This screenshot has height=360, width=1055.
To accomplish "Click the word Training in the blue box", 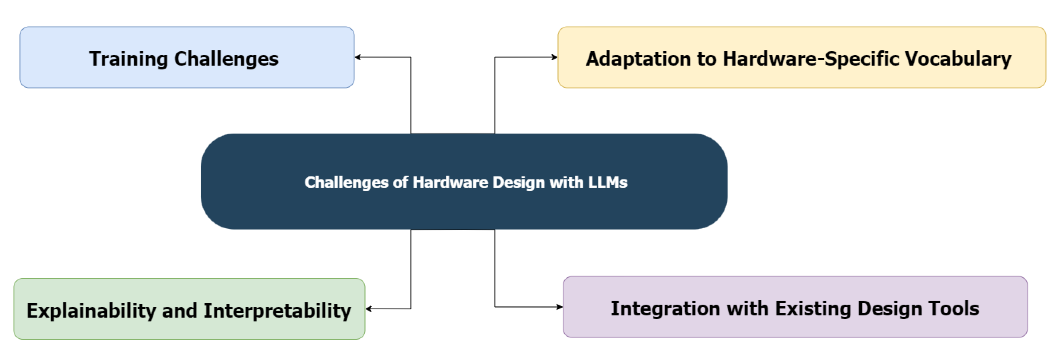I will click(129, 59).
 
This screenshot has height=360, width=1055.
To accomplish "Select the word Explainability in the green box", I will click(91, 311).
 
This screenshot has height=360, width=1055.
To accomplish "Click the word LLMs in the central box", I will click(608, 182).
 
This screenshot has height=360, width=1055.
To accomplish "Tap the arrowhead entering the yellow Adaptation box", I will click(555, 57).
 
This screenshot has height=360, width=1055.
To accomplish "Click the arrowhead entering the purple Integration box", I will click(560, 307).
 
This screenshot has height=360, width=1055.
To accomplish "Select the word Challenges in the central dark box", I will click(346, 182).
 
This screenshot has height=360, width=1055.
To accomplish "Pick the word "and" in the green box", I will click(179, 311).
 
